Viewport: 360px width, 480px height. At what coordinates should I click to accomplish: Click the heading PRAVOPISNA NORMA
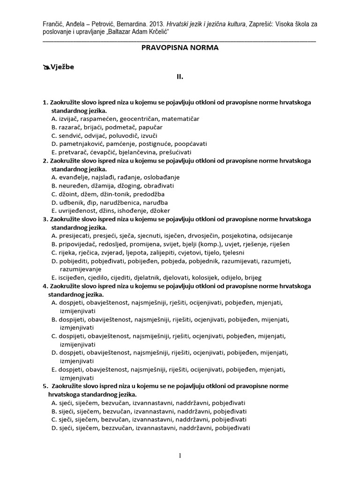tap(180, 47)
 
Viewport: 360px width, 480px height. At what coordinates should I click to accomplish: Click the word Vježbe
tap(62, 67)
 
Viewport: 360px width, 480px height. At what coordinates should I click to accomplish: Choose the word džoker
tap(159, 211)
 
